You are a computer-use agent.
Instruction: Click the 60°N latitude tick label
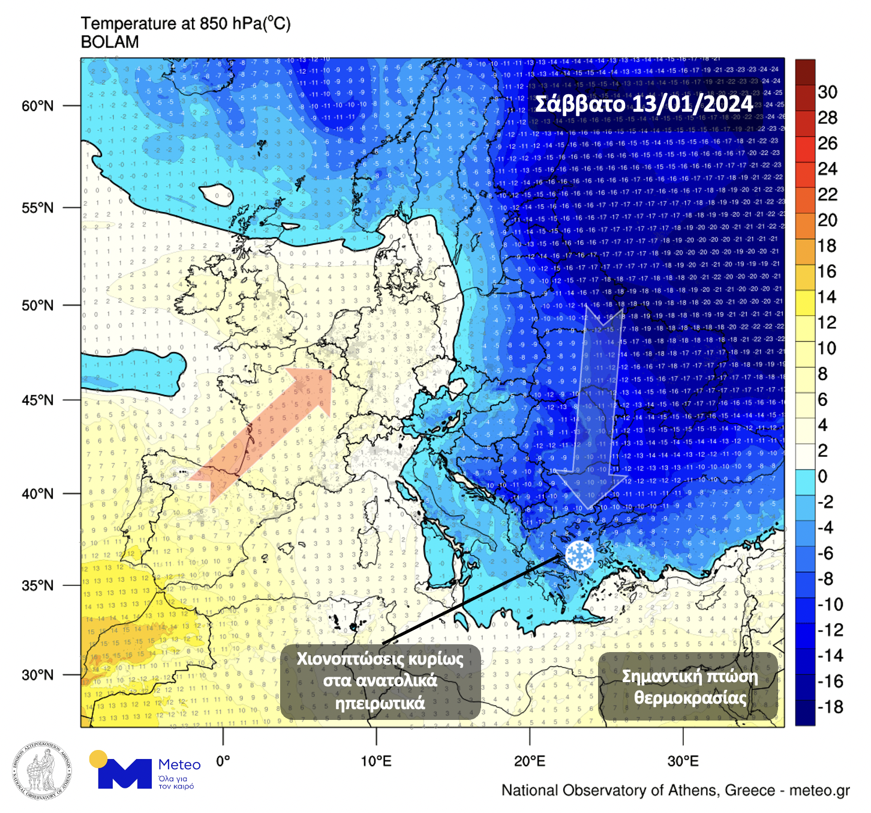37,106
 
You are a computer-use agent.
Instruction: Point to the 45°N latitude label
37,400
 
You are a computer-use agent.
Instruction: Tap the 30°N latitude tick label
37,675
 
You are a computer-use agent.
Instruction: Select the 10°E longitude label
376,761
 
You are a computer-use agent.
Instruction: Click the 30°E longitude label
683,761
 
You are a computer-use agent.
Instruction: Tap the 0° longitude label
223,761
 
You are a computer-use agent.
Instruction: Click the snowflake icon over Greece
579,555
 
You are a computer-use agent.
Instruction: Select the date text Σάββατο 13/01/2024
643,104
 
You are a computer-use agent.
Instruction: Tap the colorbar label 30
827,92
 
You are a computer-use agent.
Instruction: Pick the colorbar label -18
830,707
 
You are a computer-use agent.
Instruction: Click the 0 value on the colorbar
822,476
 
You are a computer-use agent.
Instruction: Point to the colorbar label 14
827,297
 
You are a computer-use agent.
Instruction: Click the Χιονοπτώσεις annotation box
380,682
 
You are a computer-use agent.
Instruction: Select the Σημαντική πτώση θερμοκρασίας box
689,686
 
